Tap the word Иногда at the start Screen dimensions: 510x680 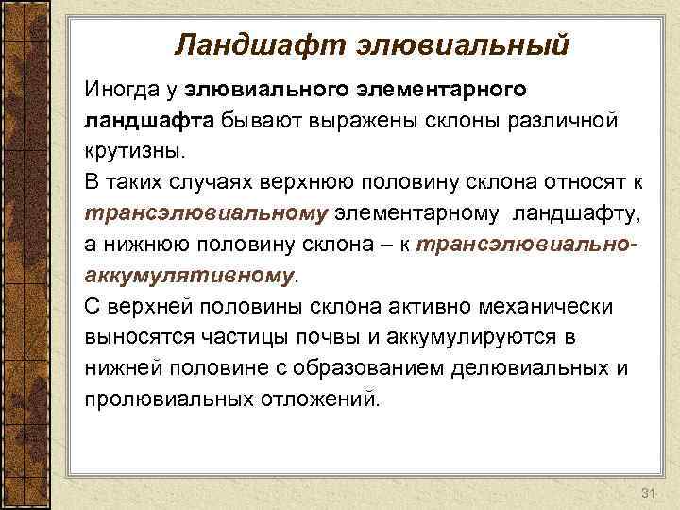tap(118, 91)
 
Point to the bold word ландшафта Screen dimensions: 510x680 tap(151, 122)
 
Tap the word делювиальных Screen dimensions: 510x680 tap(531, 368)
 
